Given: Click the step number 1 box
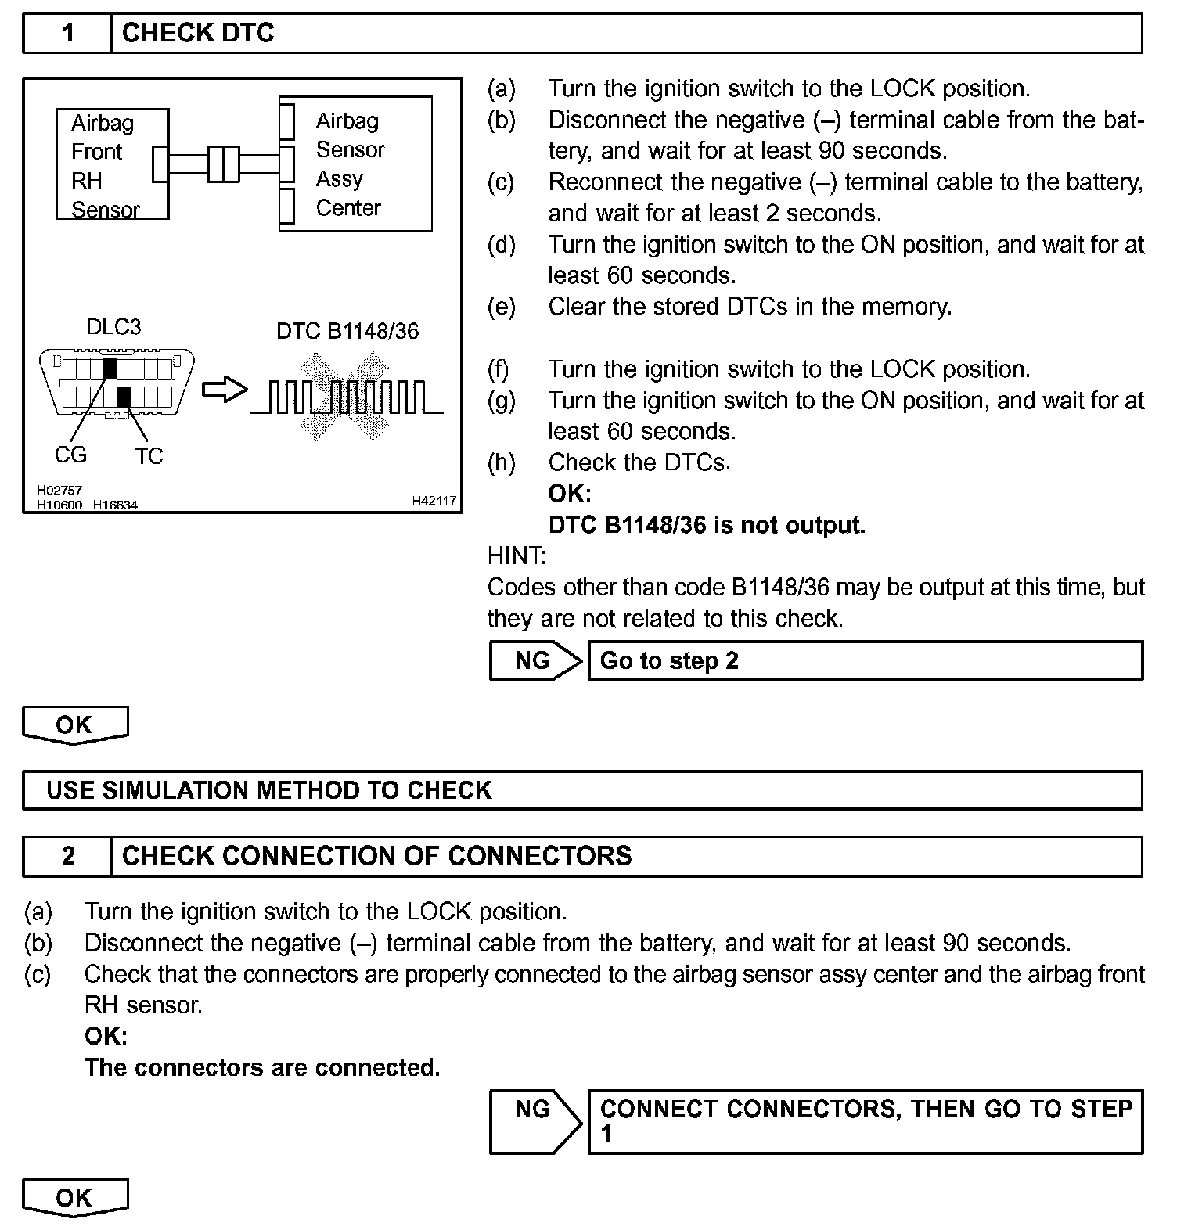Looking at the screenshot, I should (x=67, y=33).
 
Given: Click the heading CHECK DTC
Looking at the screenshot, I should (x=198, y=33).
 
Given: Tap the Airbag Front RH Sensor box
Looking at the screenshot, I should (x=112, y=164).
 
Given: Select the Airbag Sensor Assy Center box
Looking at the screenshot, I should (x=356, y=164).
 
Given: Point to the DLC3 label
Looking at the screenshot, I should (x=113, y=326).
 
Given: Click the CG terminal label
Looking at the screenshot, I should (x=70, y=455).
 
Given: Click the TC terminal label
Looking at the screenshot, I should (x=149, y=456).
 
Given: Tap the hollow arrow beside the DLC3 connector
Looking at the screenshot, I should (x=225, y=390).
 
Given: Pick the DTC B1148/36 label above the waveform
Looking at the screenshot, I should (x=347, y=331).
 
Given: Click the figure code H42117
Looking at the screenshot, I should (x=434, y=501).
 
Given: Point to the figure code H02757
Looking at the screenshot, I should (x=59, y=491).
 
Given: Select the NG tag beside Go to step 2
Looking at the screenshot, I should (x=534, y=660).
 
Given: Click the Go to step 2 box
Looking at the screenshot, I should (x=865, y=660).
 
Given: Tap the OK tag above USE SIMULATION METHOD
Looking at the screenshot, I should (x=74, y=725).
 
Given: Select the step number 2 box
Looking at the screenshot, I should (x=67, y=856).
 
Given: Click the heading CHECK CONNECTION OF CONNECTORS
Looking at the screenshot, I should (x=376, y=856).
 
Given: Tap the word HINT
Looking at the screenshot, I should (x=517, y=556).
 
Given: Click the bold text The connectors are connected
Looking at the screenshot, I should (x=262, y=1067).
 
